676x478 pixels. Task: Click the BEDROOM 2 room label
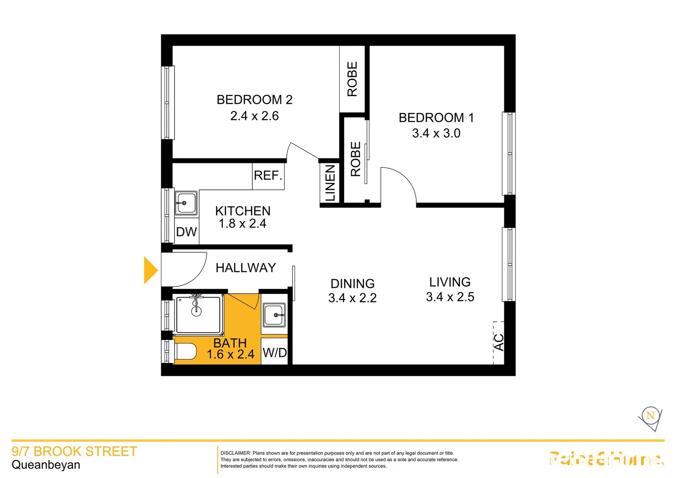click(x=254, y=100)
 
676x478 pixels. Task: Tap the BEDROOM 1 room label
click(x=436, y=118)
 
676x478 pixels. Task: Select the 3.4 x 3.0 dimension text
click(x=436, y=133)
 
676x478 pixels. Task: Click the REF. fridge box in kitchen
click(x=268, y=176)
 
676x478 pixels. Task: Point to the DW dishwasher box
click(x=186, y=232)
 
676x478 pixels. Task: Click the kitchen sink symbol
click(x=186, y=203)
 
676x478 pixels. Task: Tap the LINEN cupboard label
click(x=330, y=183)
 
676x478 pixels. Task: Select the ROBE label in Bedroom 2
click(x=352, y=79)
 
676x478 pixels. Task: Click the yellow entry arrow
click(x=150, y=270)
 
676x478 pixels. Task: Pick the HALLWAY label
click(x=246, y=268)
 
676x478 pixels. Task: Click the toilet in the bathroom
click(x=185, y=352)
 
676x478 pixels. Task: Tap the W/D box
click(x=275, y=353)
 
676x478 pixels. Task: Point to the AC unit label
click(x=499, y=342)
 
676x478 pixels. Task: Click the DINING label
click(x=353, y=283)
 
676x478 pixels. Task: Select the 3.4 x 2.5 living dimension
click(x=450, y=297)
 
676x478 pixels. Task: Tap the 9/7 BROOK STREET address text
click(x=74, y=451)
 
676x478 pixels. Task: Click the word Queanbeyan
click(x=46, y=465)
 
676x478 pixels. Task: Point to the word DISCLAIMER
click(x=235, y=453)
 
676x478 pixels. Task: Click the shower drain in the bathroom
click(x=196, y=311)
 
